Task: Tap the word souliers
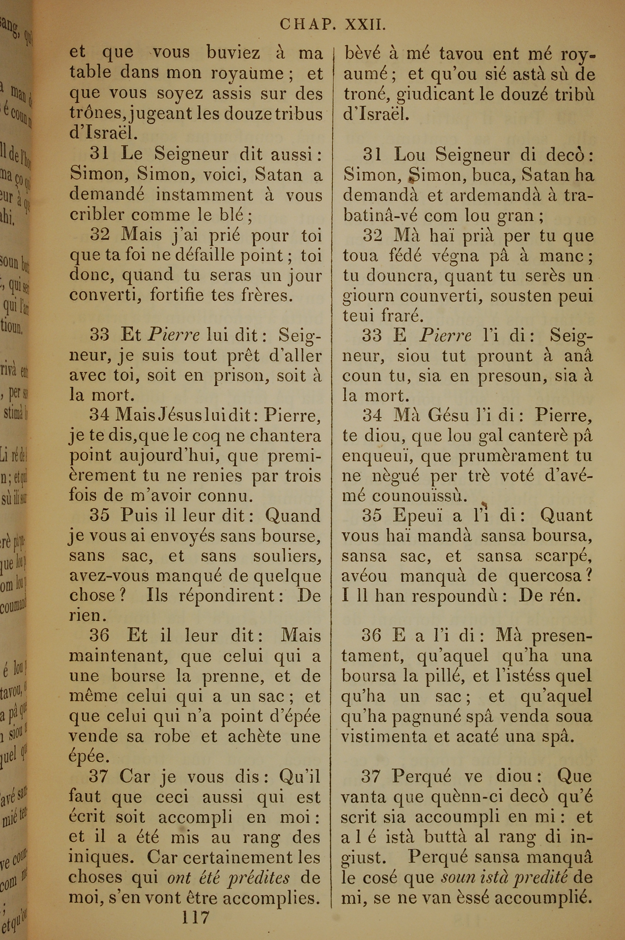(287, 556)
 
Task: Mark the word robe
(172, 736)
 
